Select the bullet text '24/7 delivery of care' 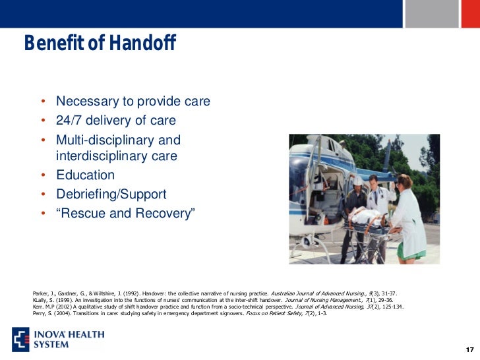(116, 121)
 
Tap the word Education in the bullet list (85, 175)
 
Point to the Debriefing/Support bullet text (111, 195)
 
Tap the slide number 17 (469, 349)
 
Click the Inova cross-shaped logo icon (21, 338)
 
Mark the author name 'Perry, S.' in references (44, 314)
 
